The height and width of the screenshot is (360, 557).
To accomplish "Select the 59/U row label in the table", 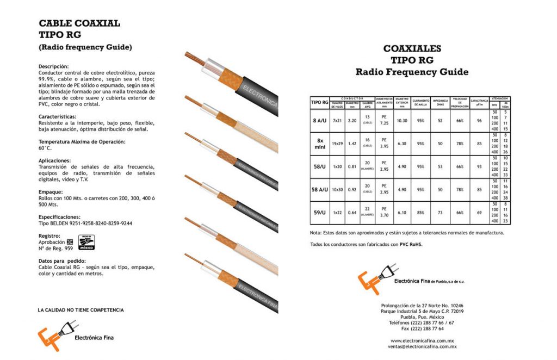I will click(319, 213).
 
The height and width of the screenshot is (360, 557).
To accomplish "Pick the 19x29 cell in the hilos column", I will click(337, 144).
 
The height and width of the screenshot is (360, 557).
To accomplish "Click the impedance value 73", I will click(440, 213).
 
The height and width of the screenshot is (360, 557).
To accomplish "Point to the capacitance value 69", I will click(479, 213).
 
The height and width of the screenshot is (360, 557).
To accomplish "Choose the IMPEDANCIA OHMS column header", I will click(440, 102).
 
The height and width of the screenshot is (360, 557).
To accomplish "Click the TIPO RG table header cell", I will click(319, 102).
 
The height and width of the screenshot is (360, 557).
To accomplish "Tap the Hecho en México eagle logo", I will click(87, 243).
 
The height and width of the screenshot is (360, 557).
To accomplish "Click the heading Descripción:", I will click(54, 66).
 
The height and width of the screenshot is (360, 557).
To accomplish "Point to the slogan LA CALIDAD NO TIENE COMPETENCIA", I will click(81, 310).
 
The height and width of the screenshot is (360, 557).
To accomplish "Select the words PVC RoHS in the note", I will click(411, 244).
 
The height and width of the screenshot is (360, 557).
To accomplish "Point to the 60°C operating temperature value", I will click(45, 148).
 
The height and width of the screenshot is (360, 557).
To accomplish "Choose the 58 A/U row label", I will click(319, 189).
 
